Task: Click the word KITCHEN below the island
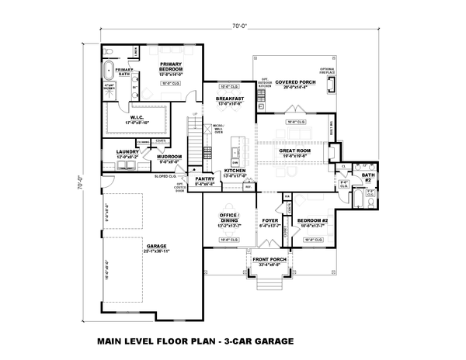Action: [x=235, y=170]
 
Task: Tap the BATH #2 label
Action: [x=367, y=178]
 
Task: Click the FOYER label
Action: [x=270, y=220]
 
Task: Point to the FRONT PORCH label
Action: [x=268, y=259]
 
